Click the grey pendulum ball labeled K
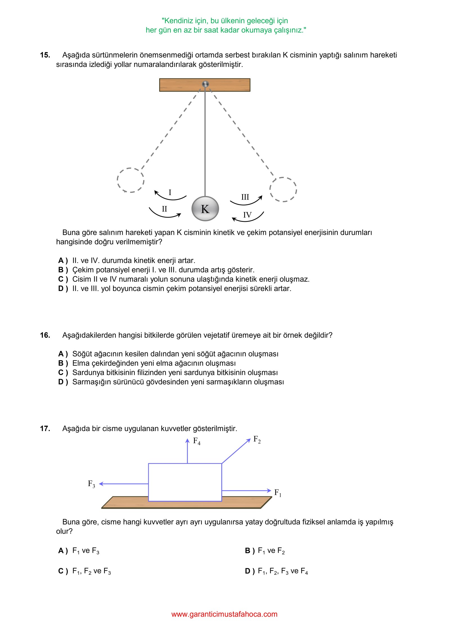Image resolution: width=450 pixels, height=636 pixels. (x=205, y=209)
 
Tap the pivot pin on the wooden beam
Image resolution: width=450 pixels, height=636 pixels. (x=205, y=84)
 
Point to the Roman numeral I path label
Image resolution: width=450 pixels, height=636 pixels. (x=170, y=192)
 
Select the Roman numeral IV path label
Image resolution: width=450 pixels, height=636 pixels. (x=247, y=215)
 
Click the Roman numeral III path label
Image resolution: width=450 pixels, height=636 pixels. (x=245, y=197)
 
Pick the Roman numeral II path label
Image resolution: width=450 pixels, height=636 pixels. (x=165, y=209)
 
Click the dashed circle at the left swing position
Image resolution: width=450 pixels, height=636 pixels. (x=130, y=180)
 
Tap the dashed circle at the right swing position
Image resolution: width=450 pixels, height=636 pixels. (x=283, y=189)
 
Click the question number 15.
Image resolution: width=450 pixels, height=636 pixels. (x=45, y=55)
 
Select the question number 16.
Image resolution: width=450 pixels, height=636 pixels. (x=45, y=335)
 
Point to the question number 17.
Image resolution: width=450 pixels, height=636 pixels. (x=45, y=428)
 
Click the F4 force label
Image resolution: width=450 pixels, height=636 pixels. (x=197, y=441)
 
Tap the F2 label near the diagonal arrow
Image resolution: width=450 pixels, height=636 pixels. (x=257, y=439)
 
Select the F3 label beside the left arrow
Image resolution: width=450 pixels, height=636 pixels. (x=91, y=484)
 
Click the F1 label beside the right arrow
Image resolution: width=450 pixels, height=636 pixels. (x=278, y=492)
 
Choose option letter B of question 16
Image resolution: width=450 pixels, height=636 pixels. (x=63, y=363)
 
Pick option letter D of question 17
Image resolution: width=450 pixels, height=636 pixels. (x=250, y=571)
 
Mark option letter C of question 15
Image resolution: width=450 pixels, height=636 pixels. (x=63, y=279)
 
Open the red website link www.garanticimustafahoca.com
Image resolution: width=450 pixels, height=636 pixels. (x=224, y=614)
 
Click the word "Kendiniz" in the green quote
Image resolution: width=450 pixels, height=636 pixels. (x=177, y=21)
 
